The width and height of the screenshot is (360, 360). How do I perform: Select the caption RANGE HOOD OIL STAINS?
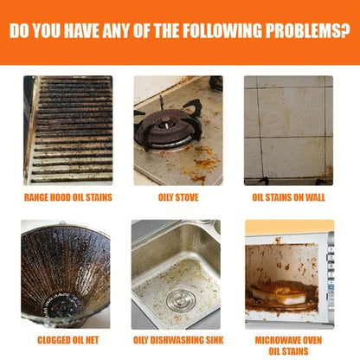pos(68,197)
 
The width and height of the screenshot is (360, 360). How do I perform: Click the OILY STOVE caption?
pos(178,197)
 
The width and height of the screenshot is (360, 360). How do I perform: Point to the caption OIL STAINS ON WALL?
pos(288,197)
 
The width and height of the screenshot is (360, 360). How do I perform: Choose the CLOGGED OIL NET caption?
pos(68,340)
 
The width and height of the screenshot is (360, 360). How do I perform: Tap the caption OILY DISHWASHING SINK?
pos(178,340)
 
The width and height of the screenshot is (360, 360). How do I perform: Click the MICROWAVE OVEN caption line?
pos(288,340)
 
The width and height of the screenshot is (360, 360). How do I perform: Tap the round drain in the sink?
pos(181,300)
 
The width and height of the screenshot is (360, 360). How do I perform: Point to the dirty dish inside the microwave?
pos(280,292)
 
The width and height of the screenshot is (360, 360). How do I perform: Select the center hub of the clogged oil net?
pos(63,305)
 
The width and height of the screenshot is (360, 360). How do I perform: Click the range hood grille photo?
pos(68,131)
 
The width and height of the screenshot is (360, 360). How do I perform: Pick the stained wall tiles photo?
pos(288,131)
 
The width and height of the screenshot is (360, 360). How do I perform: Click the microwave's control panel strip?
pos(331,277)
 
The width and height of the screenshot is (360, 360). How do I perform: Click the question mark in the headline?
pos(345,30)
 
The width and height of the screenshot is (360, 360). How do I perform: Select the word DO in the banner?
pos(20,30)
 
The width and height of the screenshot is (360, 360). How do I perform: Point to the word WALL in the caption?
pos(315,197)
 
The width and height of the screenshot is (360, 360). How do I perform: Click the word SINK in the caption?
pos(215,340)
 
